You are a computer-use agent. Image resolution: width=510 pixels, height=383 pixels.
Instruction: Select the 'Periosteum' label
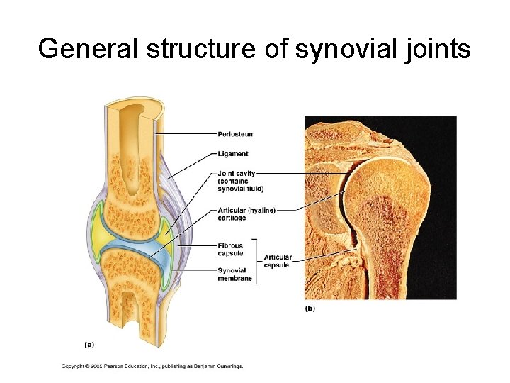(x=236, y=134)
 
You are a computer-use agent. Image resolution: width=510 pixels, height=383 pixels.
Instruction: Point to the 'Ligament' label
(x=233, y=153)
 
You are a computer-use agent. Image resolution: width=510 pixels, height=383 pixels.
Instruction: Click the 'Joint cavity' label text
(x=237, y=173)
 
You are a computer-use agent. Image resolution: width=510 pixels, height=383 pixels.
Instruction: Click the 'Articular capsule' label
(x=278, y=260)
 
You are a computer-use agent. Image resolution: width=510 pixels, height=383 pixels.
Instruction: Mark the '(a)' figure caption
(x=89, y=345)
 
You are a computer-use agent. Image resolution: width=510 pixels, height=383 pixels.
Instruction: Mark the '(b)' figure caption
(x=310, y=309)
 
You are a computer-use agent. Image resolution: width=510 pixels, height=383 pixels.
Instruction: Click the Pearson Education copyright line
(x=152, y=366)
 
